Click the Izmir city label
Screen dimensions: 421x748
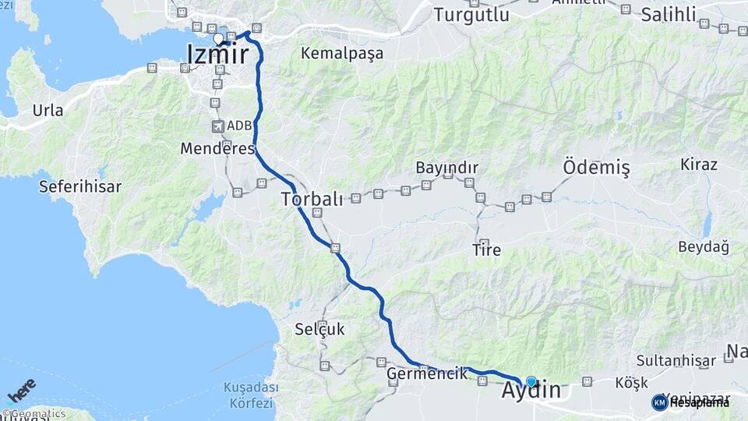[217, 54]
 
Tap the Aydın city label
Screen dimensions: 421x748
[531, 391]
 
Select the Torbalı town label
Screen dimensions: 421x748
[312, 199]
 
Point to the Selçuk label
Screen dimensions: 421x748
[319, 329]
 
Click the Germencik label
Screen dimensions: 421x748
[426, 373]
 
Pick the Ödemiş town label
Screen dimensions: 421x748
[596, 167]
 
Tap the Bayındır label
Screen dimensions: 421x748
[446, 168]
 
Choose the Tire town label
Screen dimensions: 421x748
[486, 250]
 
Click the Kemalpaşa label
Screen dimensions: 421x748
[343, 54]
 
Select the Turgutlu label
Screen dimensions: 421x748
[471, 14]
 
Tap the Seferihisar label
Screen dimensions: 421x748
[80, 186]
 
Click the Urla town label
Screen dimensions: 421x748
[48, 110]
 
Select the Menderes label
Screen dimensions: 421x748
[217, 147]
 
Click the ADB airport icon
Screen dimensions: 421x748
[217, 126]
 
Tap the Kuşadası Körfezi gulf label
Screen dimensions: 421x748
[250, 395]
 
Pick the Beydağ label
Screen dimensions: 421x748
[704, 247]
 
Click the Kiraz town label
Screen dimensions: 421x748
[698, 165]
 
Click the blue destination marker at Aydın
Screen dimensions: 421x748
[531, 381]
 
